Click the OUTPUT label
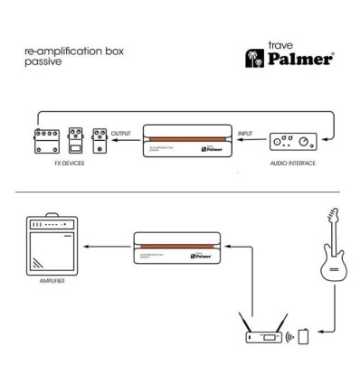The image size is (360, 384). (121, 134)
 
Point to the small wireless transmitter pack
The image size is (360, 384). (304, 337)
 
